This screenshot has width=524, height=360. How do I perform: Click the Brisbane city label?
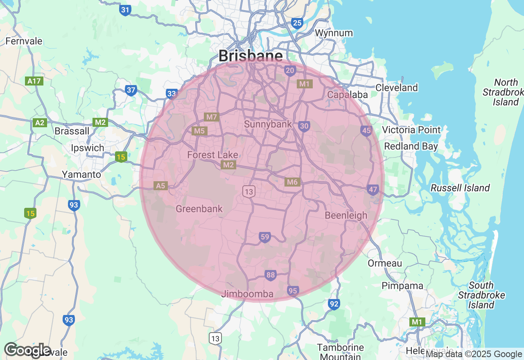coord(250,56)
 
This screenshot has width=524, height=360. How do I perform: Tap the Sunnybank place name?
coord(268,124)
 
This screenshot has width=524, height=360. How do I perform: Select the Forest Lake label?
coord(212,155)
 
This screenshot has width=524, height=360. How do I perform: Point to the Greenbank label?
coord(199,209)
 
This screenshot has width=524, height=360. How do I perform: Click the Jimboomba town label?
coord(247,294)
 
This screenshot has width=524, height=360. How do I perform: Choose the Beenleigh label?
coord(346,215)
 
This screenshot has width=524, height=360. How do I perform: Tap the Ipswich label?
coord(88,148)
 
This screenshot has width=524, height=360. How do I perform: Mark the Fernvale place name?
coord(24,41)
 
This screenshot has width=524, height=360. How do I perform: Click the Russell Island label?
coord(460,188)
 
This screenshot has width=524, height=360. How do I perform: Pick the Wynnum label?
coord(334,33)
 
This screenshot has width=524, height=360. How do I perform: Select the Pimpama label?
coord(402,286)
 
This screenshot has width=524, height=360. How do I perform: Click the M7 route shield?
coord(212,117)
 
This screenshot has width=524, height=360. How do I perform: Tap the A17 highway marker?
coord(34,81)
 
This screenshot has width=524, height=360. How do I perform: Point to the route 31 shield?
coord(125,10)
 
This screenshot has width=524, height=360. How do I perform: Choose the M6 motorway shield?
coord(292,182)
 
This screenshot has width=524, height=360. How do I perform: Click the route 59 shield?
coord(265,237)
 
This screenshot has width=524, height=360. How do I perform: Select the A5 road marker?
coord(160,186)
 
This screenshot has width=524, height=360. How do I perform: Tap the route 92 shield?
coord(334,304)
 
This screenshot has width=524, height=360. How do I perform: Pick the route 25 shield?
coord(297,23)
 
